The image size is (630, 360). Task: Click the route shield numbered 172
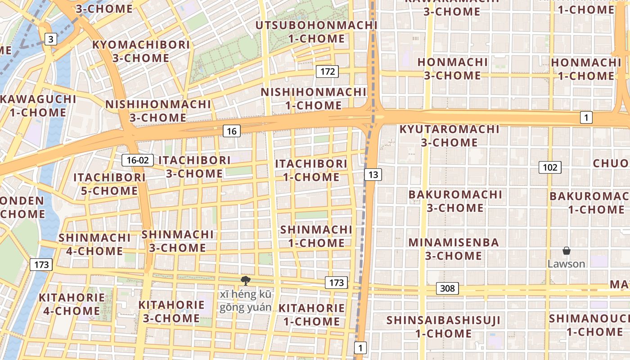point(327,71)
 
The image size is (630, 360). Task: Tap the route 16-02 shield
point(138,160)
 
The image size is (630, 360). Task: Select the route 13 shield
point(373,175)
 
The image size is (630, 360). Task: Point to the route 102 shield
point(550,168)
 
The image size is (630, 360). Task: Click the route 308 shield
point(447,288)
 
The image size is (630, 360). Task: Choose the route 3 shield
point(51,39)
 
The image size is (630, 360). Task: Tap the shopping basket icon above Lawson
point(566,251)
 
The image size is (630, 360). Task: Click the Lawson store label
point(566,264)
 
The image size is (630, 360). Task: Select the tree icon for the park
point(245,281)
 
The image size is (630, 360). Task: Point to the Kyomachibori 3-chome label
point(141,51)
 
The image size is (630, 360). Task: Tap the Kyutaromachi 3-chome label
point(449,136)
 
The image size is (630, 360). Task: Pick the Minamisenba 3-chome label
point(454,249)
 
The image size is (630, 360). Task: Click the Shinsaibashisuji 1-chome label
point(443,327)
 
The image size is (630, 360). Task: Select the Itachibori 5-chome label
point(109,184)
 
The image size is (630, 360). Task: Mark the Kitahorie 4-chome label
point(72,304)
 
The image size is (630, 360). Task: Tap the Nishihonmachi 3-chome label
point(158,111)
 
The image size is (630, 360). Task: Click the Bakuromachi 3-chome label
point(455,201)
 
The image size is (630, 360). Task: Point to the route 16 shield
point(232,131)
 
